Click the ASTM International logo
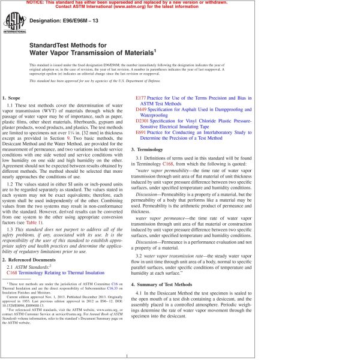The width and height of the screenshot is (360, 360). point(13,26)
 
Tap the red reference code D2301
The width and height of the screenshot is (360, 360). point(145,121)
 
